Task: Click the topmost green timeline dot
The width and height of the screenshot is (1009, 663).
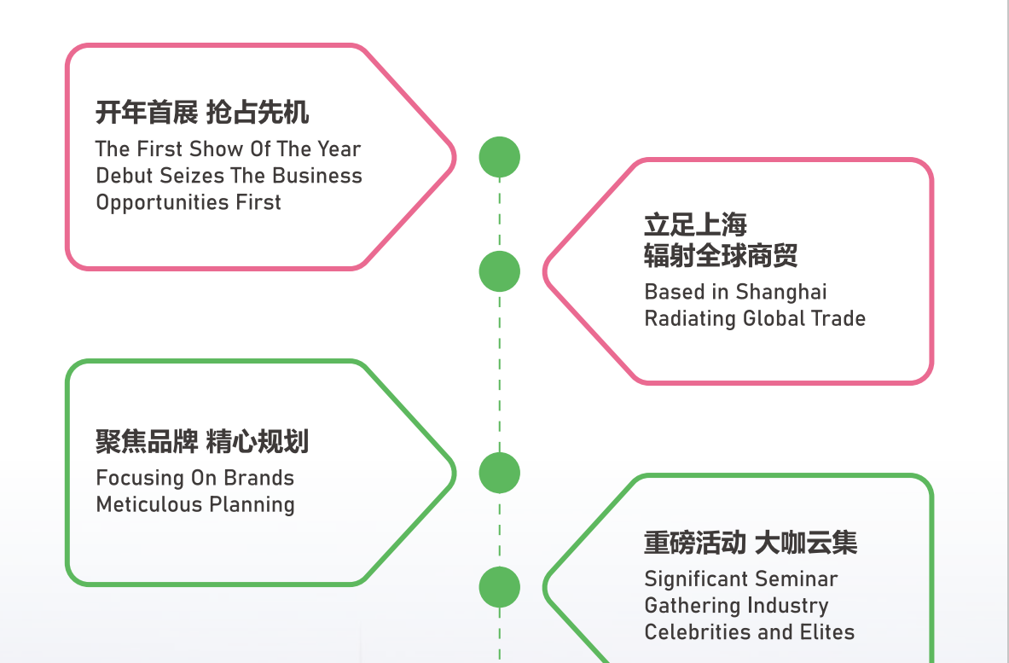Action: click(500, 157)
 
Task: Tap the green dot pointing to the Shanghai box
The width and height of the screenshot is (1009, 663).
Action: click(500, 271)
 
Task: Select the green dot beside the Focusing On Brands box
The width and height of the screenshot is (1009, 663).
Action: click(500, 473)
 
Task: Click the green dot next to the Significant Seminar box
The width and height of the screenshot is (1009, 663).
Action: click(500, 587)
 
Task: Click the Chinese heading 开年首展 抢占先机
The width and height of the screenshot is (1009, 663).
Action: click(202, 112)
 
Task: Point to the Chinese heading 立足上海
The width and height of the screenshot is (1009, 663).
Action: click(695, 224)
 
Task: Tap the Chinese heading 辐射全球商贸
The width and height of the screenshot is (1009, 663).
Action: click(721, 255)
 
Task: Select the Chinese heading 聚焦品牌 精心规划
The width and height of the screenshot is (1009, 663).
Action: click(202, 441)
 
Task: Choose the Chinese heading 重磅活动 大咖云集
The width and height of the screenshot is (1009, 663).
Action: click(751, 543)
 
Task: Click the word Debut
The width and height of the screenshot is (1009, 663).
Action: click(125, 176)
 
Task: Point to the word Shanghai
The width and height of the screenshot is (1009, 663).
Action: click(781, 292)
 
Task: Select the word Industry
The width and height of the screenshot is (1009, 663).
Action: click(784, 606)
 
